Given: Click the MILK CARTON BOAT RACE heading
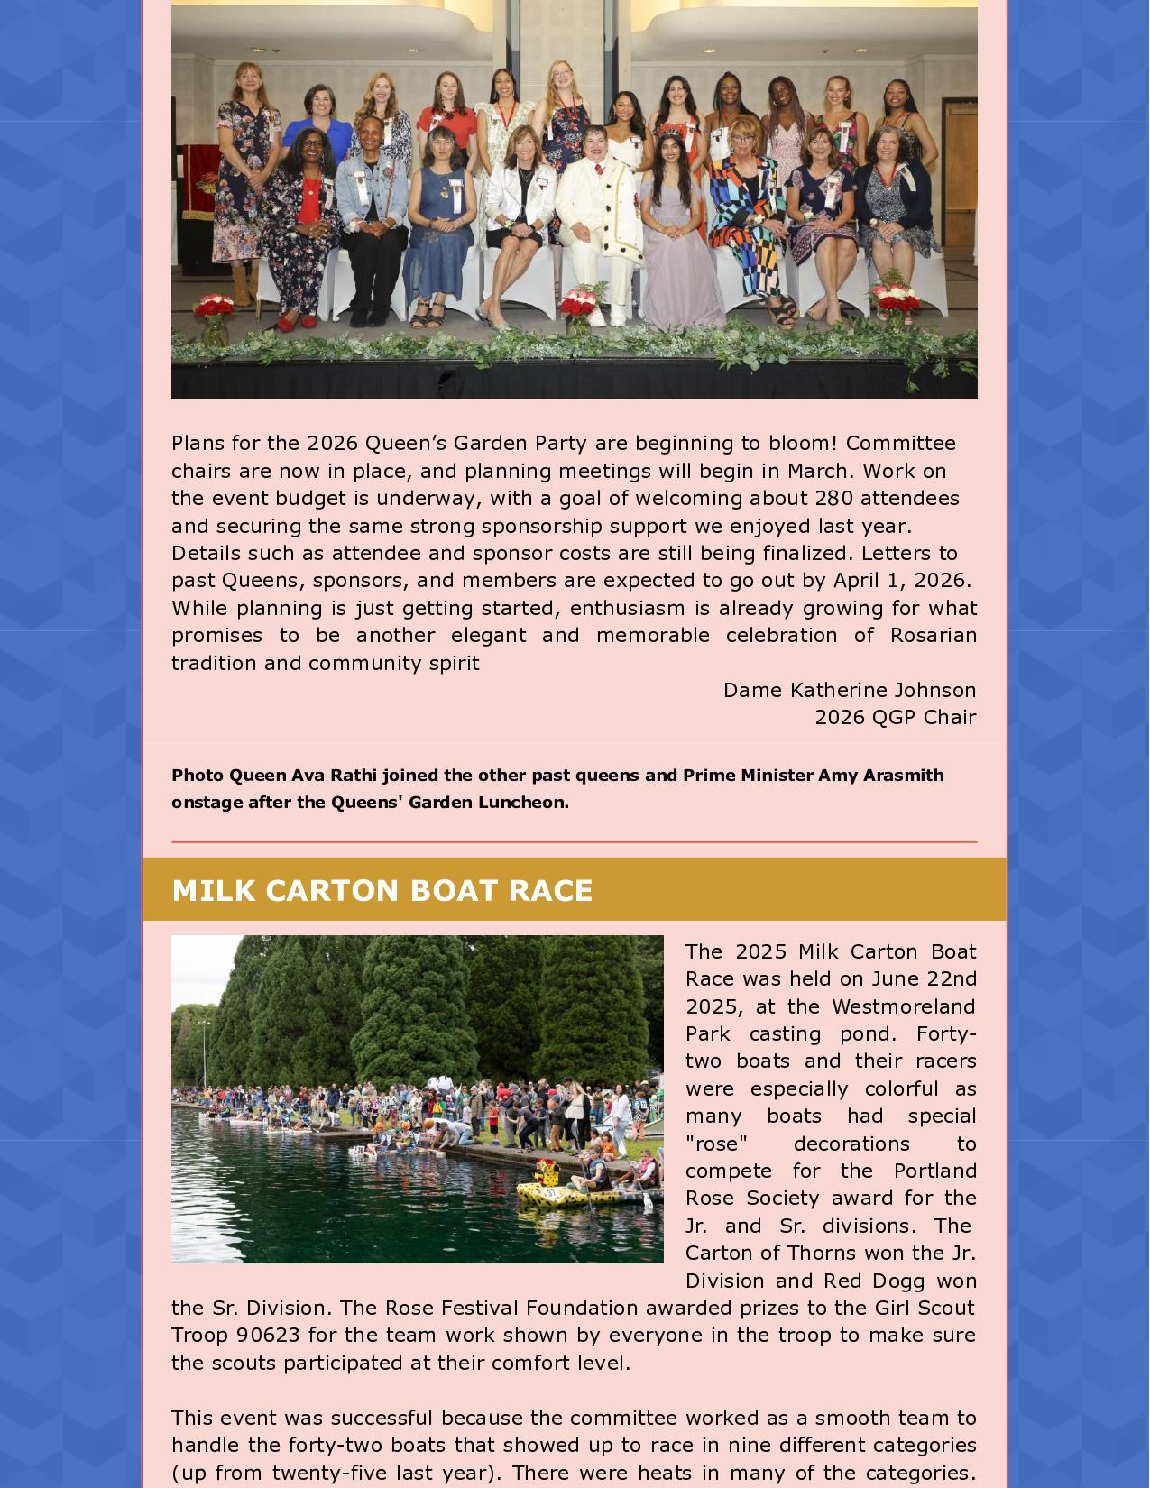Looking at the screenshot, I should click(382, 890).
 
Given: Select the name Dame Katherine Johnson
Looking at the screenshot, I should click(850, 690).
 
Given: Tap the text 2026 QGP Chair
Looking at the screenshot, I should click(895, 717).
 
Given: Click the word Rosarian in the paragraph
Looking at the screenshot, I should click(933, 635).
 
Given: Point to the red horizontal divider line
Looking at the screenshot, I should click(574, 842).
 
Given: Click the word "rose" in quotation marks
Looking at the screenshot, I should click(716, 1144).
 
